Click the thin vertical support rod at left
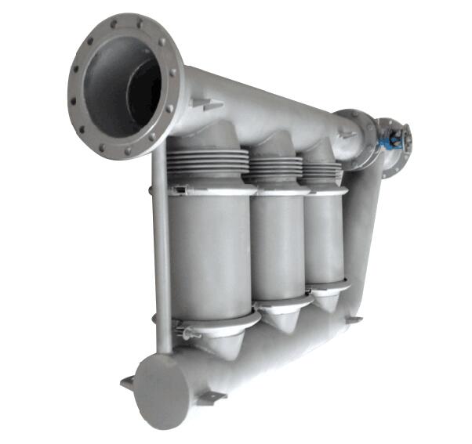pyautogui.click(x=162, y=258)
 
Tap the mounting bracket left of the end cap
pyautogui.click(x=127, y=383)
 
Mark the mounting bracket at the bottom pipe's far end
pyautogui.click(x=354, y=319)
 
